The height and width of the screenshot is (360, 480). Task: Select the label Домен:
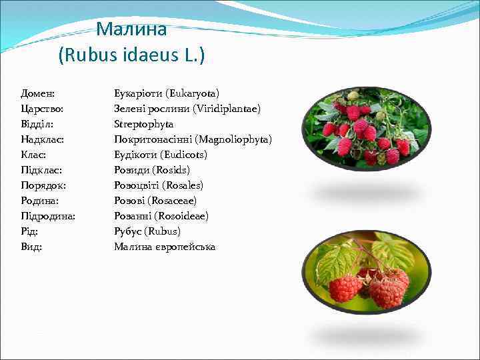click(38, 93)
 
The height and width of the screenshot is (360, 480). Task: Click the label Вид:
click(32, 247)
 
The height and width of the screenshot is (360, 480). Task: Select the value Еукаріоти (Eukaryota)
click(167, 93)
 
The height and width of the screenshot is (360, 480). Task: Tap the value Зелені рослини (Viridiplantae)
click(187, 108)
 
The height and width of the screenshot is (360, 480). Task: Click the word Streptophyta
click(144, 123)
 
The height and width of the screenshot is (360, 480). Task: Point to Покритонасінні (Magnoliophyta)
click(193, 139)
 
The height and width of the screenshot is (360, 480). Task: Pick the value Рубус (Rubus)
click(147, 231)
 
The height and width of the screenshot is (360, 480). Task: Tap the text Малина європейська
click(165, 247)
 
